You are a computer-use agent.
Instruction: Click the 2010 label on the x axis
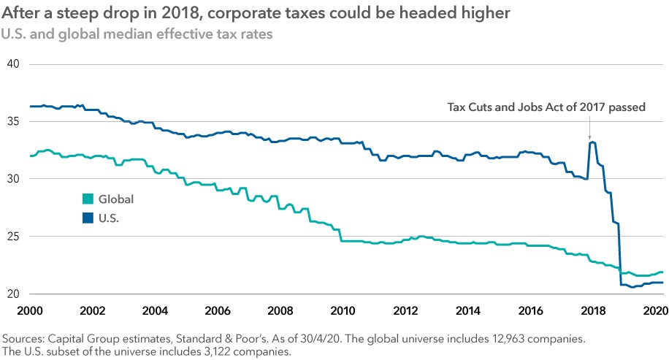[342, 310]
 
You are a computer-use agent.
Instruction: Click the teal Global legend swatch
[88, 199]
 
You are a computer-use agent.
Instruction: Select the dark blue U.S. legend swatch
[88, 218]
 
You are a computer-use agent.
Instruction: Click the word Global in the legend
[116, 199]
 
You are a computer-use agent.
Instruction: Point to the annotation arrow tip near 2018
[590, 139]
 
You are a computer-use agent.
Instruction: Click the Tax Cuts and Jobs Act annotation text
[546, 107]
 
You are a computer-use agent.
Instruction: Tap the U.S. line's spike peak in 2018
[592, 142]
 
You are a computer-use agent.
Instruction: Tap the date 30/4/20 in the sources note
[296, 339]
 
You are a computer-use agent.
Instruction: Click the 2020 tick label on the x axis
[653, 310]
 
